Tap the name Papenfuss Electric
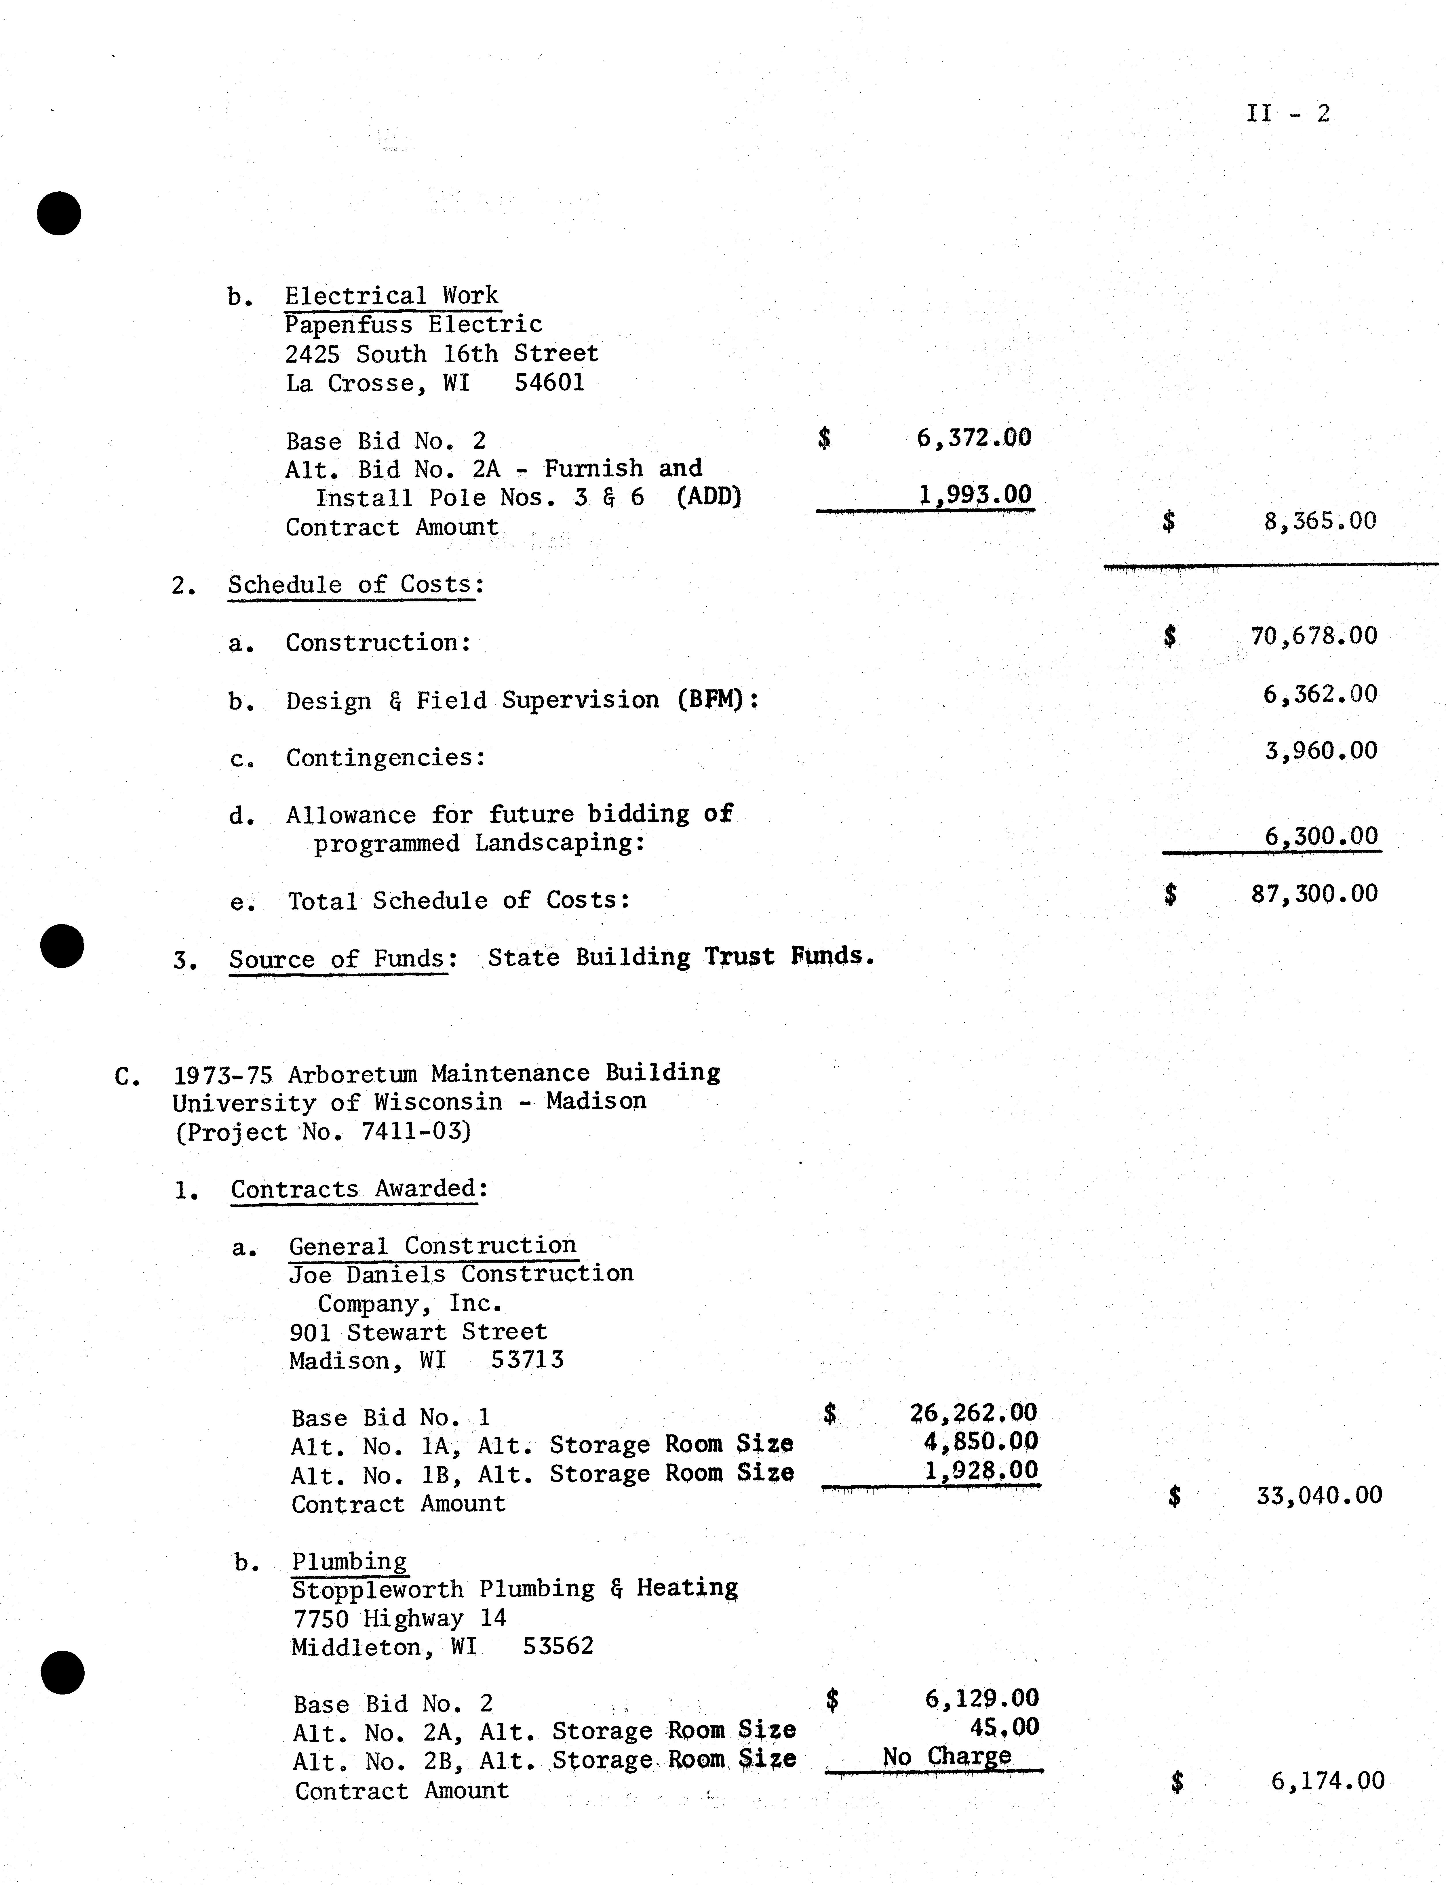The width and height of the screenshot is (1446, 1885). coord(413,325)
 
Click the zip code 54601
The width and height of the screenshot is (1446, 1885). coord(549,383)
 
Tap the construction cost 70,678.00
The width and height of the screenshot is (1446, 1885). coord(1313,637)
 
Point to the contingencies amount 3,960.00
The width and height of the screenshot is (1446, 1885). coord(1320,751)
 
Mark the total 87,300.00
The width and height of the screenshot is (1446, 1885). coord(1314,894)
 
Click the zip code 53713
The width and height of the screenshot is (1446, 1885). coord(527,1360)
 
